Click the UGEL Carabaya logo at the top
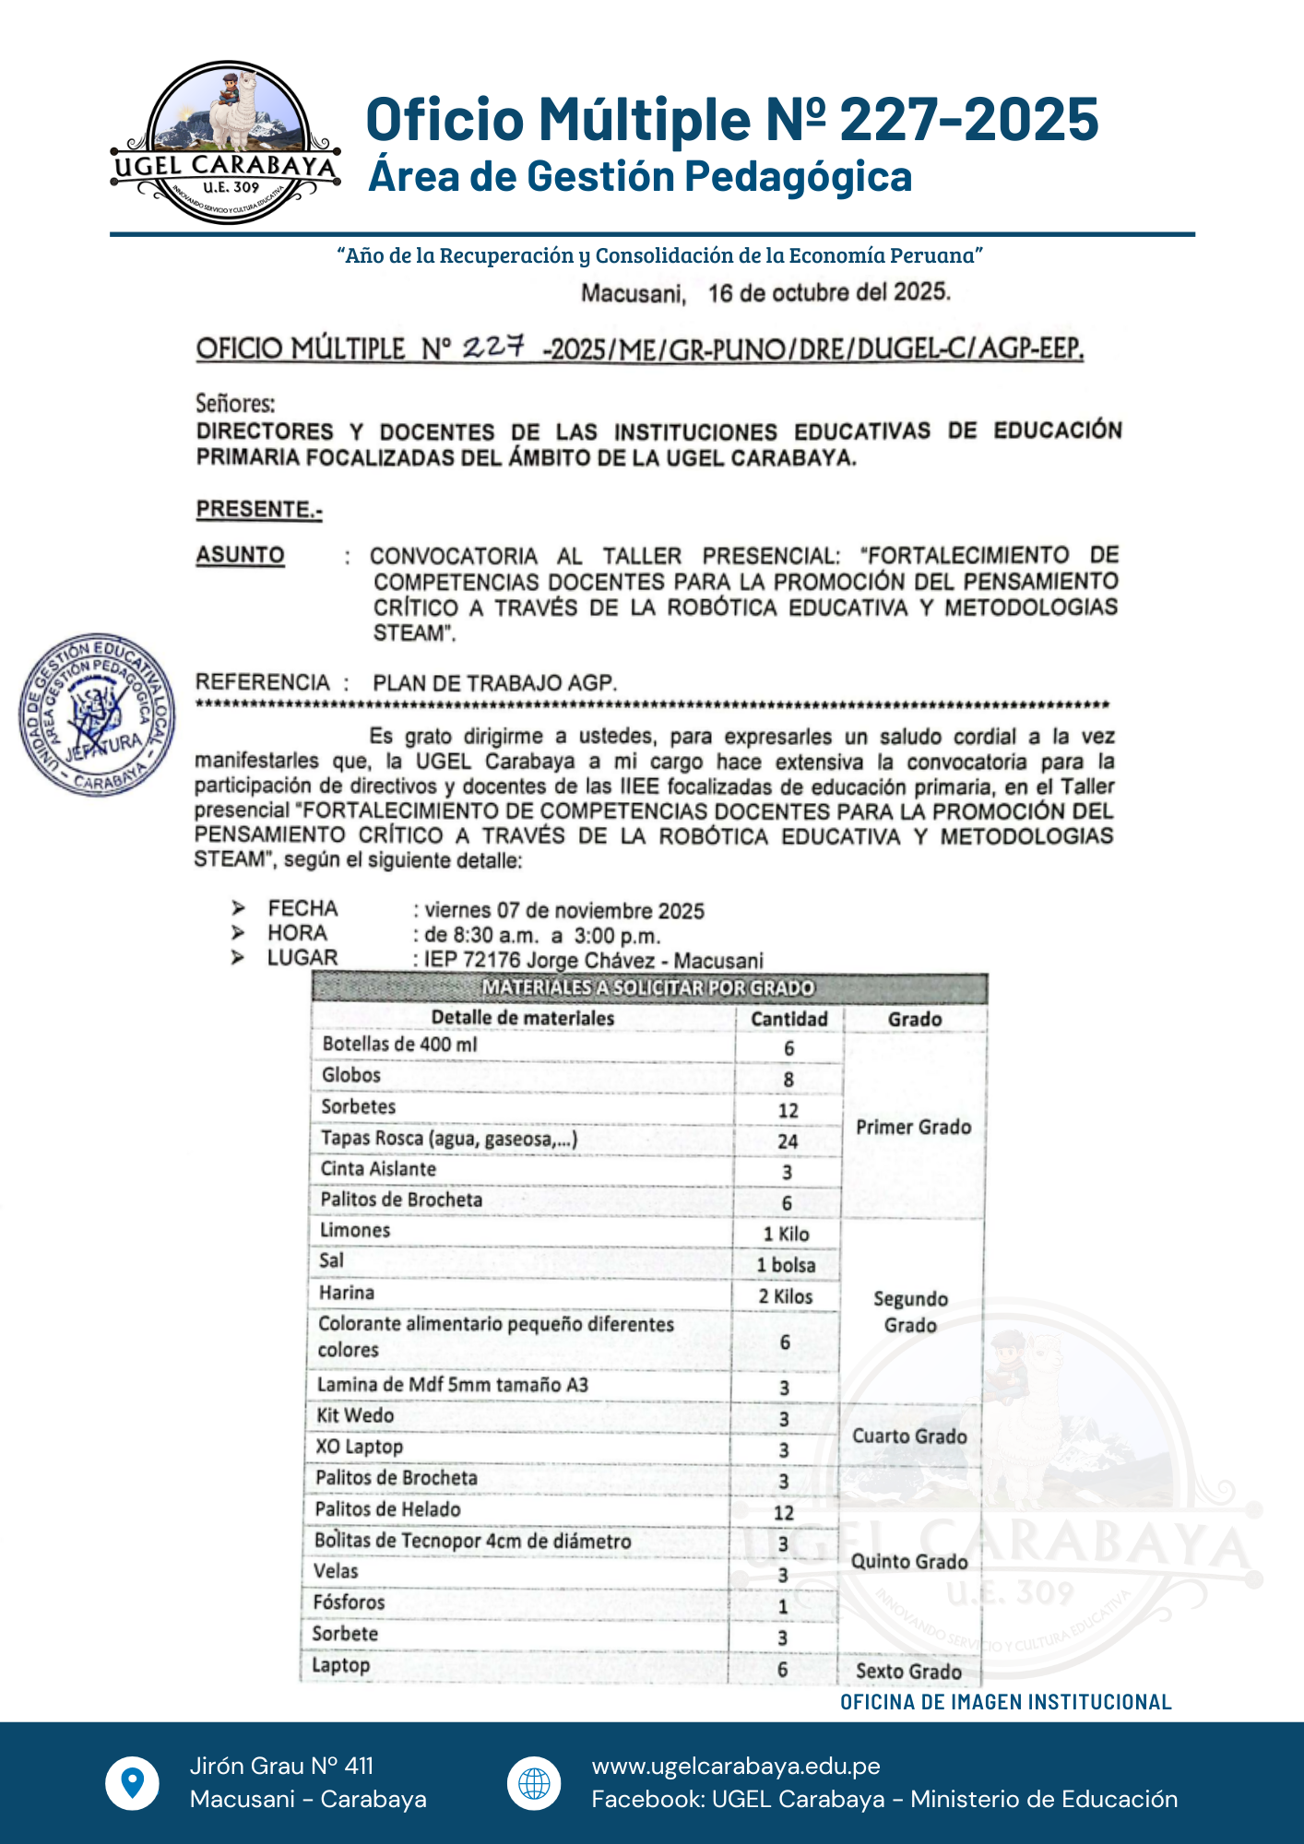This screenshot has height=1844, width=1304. (x=226, y=143)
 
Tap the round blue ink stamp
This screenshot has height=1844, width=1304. (x=97, y=715)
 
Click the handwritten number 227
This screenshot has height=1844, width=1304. (x=493, y=347)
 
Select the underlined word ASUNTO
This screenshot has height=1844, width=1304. (x=240, y=555)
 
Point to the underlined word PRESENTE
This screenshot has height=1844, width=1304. (x=259, y=509)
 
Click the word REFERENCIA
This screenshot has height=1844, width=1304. (x=263, y=682)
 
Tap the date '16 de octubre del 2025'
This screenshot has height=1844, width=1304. (x=828, y=293)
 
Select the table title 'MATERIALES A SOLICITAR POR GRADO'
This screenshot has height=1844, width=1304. (x=648, y=988)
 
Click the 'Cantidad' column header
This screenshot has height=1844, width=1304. (x=789, y=1019)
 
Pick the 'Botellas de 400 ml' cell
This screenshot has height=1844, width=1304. (x=400, y=1045)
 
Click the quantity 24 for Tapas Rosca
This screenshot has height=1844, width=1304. (x=788, y=1141)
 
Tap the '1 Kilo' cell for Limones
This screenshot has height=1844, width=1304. (x=786, y=1235)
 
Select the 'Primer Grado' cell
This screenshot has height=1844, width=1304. (x=913, y=1127)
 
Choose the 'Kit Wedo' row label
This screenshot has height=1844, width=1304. (x=355, y=1415)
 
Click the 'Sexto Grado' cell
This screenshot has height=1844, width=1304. (x=908, y=1671)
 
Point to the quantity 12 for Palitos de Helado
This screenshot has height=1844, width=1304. (x=784, y=1513)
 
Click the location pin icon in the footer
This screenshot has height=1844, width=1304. (x=133, y=1782)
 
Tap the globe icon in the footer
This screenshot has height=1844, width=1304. (x=534, y=1783)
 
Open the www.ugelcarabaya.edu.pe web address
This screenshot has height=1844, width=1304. (x=736, y=1766)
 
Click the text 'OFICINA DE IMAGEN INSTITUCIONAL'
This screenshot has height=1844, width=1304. (x=1005, y=1702)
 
